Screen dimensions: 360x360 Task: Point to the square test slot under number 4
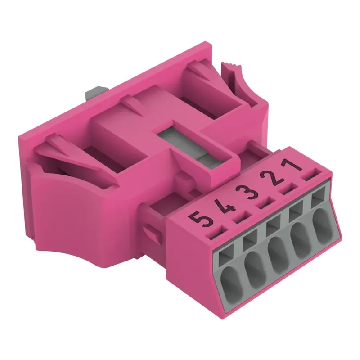250,243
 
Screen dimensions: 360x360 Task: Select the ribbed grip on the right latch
230,67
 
